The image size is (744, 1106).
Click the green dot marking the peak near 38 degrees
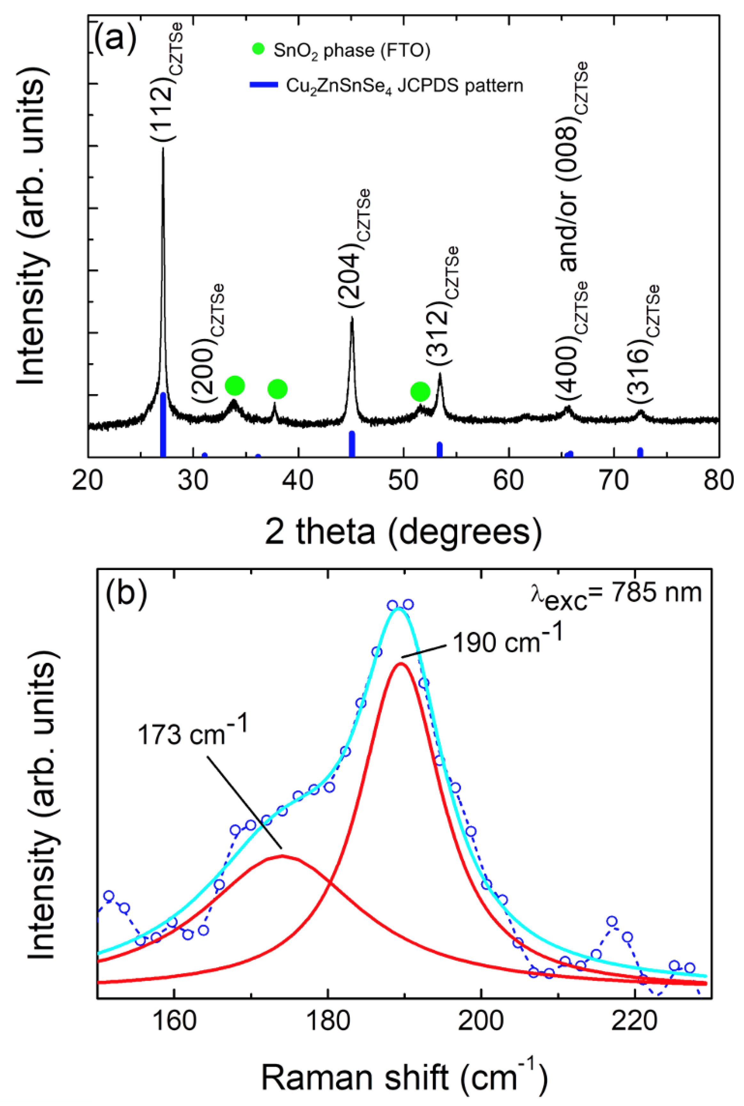pyautogui.click(x=278, y=389)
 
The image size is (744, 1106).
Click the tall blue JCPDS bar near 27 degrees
pyautogui.click(x=163, y=424)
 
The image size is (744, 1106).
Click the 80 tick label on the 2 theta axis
pyautogui.click(x=718, y=480)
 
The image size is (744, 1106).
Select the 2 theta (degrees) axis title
pyautogui.click(x=403, y=533)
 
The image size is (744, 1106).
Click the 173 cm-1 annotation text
pyautogui.click(x=192, y=733)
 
